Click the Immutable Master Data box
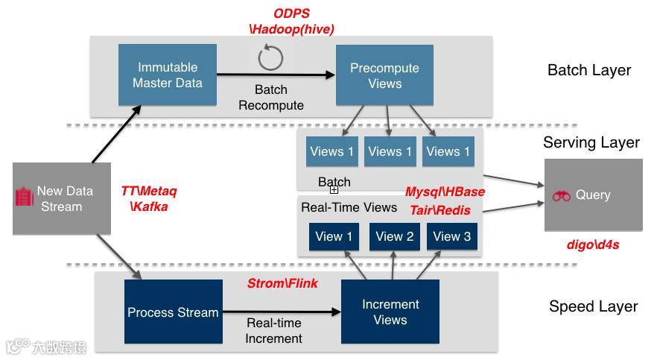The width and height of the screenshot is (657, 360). tap(168, 75)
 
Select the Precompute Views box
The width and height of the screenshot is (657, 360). tap(384, 75)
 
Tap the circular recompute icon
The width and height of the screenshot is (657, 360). tap(270, 57)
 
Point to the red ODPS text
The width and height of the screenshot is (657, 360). tap(291, 13)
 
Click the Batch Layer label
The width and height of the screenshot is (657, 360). tap(588, 70)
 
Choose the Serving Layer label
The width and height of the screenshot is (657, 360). tap(591, 142)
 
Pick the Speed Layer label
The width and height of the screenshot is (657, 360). tap(593, 306)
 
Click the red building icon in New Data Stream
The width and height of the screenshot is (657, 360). tap(25, 197)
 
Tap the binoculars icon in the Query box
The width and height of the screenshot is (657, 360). tap(561, 196)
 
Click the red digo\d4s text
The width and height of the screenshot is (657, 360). tap(593, 244)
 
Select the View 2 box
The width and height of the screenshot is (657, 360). tap(394, 236)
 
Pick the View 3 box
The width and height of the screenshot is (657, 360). tap(451, 236)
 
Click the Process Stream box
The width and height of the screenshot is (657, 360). tap(173, 312)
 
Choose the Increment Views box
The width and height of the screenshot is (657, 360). tap(390, 312)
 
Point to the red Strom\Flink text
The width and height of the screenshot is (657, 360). tap(282, 283)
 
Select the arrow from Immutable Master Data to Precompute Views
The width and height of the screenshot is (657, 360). tap(276, 74)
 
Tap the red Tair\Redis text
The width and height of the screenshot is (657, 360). tap(440, 210)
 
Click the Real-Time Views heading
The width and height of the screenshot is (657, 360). tap(349, 207)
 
